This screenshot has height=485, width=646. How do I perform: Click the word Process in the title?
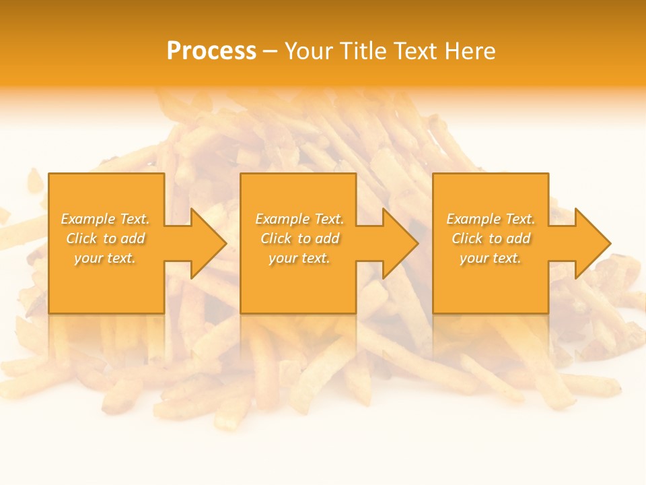(x=211, y=51)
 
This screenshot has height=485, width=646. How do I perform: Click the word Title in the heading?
(x=362, y=51)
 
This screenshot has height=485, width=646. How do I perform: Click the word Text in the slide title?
(x=417, y=51)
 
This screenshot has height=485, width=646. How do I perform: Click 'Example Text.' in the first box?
(x=106, y=219)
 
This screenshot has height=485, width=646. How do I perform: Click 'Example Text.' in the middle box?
(x=299, y=219)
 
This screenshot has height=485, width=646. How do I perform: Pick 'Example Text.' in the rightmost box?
(x=491, y=219)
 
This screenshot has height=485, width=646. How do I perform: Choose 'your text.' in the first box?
(x=105, y=258)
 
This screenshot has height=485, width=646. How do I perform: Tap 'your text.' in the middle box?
(x=299, y=258)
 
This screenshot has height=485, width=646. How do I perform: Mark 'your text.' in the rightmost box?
(x=490, y=258)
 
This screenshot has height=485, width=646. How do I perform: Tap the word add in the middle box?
(x=327, y=238)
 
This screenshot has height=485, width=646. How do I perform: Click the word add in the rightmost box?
(x=518, y=238)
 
